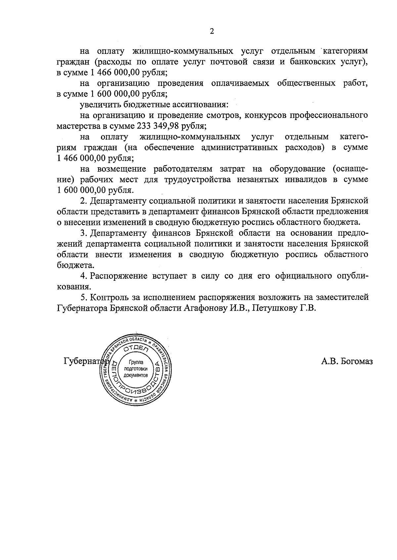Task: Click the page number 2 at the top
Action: coord(212,31)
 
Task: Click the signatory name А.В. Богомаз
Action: coord(347,361)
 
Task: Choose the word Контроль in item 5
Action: coord(110,297)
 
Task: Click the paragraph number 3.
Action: coord(83,233)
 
